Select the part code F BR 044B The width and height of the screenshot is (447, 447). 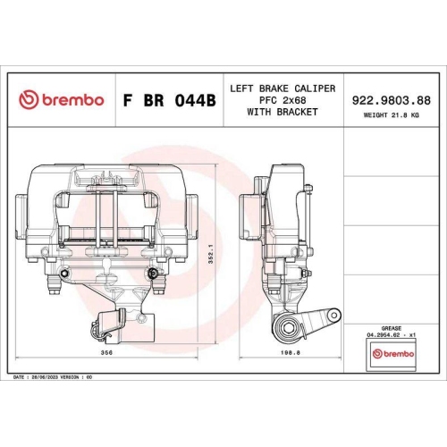(169, 101)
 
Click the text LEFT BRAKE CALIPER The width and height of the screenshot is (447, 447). (283, 89)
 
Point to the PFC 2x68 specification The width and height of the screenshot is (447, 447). (283, 100)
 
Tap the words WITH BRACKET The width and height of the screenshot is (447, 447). (283, 112)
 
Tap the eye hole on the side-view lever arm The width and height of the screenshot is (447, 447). (333, 315)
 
